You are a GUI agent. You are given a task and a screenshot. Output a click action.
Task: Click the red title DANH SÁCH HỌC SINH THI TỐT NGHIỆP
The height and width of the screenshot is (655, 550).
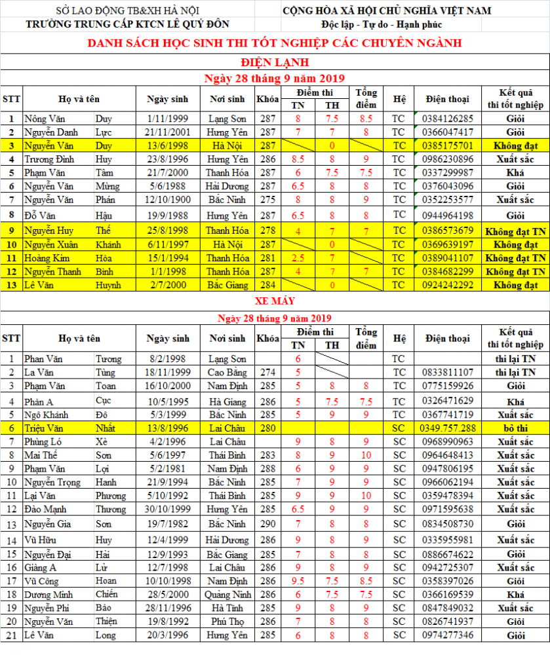[275, 43]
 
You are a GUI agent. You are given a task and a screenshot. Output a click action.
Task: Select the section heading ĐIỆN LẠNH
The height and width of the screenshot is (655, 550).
[275, 62]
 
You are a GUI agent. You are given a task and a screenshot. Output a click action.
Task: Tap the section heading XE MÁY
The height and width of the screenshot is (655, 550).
[275, 301]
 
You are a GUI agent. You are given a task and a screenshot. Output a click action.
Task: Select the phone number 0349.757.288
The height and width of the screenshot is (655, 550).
[447, 428]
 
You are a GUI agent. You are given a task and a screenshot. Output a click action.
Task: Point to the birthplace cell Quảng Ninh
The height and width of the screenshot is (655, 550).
[227, 595]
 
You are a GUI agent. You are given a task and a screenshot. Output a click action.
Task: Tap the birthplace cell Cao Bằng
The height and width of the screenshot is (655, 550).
[227, 373]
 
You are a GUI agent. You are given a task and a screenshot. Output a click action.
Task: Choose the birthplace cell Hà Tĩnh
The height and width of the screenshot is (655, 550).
[227, 608]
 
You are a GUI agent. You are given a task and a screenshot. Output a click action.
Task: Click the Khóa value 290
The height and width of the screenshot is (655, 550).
[267, 524]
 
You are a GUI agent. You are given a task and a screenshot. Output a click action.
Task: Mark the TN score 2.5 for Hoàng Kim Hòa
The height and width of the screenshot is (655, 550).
[298, 257]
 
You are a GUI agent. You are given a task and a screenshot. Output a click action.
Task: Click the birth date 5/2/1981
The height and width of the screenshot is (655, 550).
[167, 469]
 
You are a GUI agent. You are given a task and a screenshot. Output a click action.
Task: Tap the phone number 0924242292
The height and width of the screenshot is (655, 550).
[447, 285]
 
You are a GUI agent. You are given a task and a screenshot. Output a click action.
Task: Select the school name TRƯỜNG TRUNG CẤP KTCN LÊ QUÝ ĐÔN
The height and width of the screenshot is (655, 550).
[127, 25]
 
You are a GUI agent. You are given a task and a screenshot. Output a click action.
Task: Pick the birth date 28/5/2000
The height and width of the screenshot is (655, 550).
[167, 595]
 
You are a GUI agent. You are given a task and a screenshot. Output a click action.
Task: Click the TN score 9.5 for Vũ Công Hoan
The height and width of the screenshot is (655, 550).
[298, 581]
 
